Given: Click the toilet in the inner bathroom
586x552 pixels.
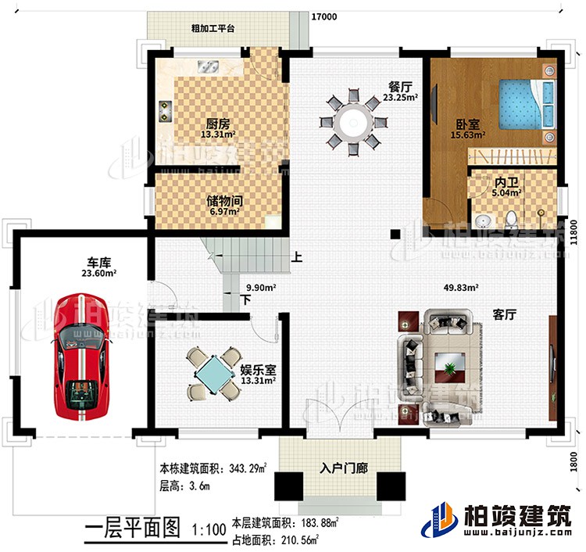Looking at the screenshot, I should tap(512, 217).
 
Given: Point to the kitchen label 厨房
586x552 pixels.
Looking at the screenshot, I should tap(218, 124).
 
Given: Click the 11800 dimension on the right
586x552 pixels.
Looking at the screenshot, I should tap(574, 232).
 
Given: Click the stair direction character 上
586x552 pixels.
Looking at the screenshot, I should tap(297, 256).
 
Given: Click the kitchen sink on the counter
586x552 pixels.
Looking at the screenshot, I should tap(209, 69).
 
